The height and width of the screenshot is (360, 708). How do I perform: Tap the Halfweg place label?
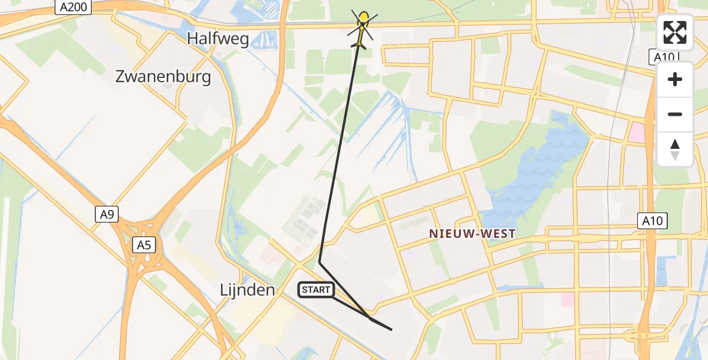217,38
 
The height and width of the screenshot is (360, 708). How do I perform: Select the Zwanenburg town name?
163,77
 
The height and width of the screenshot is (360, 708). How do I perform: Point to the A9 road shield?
106,214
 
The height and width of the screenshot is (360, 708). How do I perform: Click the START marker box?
316,290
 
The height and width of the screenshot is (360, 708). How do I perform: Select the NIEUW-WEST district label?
472,234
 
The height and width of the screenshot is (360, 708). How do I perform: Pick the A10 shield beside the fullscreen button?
665,57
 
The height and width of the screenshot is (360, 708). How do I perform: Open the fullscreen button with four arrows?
675,32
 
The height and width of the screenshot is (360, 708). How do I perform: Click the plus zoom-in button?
675,79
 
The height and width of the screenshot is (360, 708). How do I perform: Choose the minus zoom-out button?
675,114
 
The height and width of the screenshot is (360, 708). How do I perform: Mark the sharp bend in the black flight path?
319,262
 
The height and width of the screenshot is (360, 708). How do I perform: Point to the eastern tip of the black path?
391,329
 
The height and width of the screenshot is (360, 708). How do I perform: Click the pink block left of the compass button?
636,132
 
